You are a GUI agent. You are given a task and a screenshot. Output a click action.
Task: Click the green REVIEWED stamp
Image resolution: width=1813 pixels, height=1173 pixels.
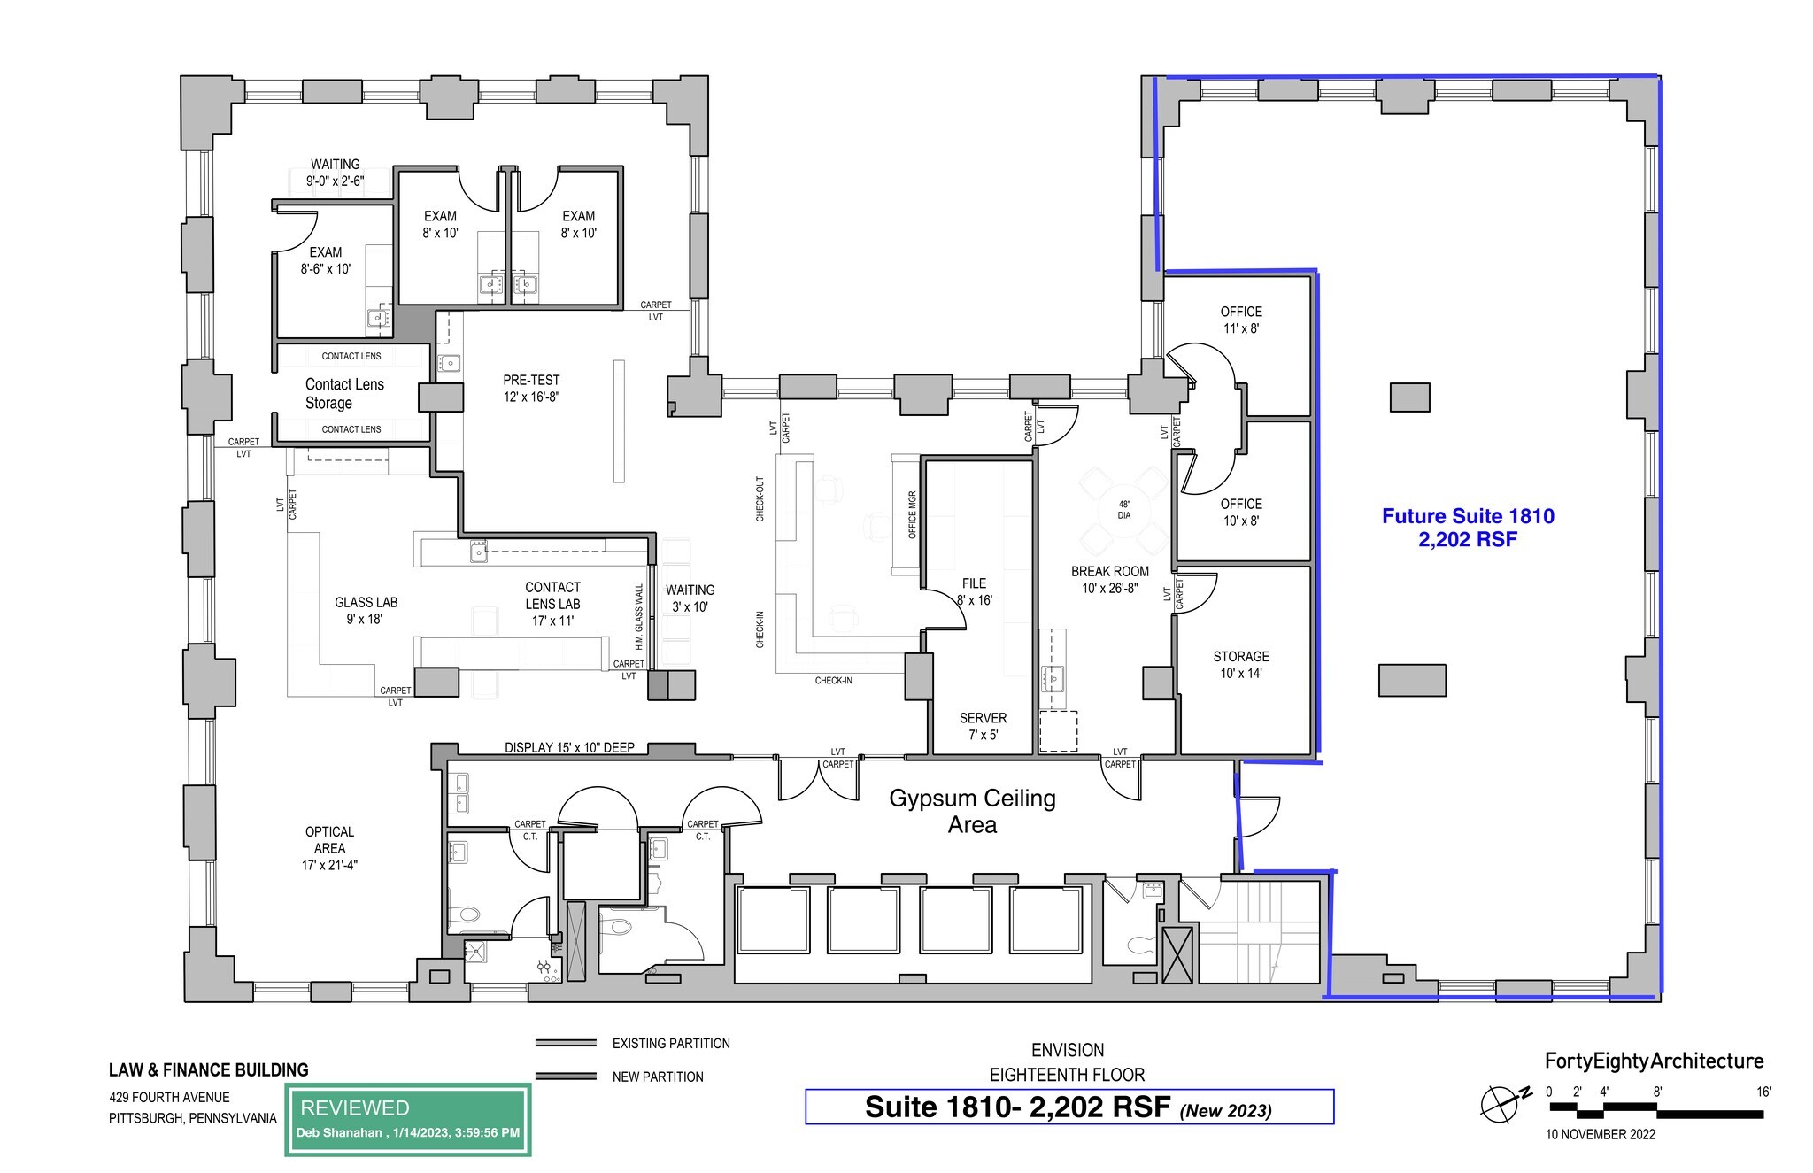[407, 1120]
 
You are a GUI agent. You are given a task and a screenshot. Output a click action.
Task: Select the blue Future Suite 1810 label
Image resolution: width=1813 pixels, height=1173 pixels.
[1468, 528]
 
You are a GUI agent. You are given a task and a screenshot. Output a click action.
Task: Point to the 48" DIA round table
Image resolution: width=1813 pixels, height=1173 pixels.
[1123, 510]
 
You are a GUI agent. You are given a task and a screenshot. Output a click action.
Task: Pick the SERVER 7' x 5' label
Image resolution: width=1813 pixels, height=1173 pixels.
[983, 726]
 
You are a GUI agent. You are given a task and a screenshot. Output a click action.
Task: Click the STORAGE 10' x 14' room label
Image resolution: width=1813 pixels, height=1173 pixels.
[1240, 665]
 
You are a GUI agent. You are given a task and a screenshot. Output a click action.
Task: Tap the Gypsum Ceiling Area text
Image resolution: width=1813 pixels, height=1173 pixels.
[972, 811]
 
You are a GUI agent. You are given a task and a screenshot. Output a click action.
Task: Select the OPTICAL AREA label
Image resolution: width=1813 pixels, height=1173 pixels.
[329, 848]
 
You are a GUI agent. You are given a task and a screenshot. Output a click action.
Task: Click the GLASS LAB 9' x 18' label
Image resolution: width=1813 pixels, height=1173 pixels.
[366, 611]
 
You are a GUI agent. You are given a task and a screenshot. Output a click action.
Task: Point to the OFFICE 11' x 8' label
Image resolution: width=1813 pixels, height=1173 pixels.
[1241, 320]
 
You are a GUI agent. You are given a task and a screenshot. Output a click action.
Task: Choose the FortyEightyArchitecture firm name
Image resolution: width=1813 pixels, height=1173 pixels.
[1654, 1061]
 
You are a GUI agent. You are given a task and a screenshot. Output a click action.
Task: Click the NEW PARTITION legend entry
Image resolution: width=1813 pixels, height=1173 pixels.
[657, 1077]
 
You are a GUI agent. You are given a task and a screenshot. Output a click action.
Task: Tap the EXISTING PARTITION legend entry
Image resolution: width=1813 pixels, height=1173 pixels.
[670, 1044]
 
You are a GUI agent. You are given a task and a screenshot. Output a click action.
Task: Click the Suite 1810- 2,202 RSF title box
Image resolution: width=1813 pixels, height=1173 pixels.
[1069, 1107]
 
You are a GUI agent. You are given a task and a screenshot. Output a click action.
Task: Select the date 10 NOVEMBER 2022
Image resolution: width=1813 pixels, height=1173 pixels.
[1600, 1134]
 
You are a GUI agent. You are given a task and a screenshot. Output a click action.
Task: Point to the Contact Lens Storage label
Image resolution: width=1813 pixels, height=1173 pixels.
[344, 393]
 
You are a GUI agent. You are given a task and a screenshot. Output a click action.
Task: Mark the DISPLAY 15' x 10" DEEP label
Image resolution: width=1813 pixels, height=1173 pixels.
[569, 748]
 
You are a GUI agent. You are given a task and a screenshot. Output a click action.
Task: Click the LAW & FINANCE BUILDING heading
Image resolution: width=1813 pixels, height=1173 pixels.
[209, 1069]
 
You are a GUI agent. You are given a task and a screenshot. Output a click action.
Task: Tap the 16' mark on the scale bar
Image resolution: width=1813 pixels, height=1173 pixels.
[1763, 1092]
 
